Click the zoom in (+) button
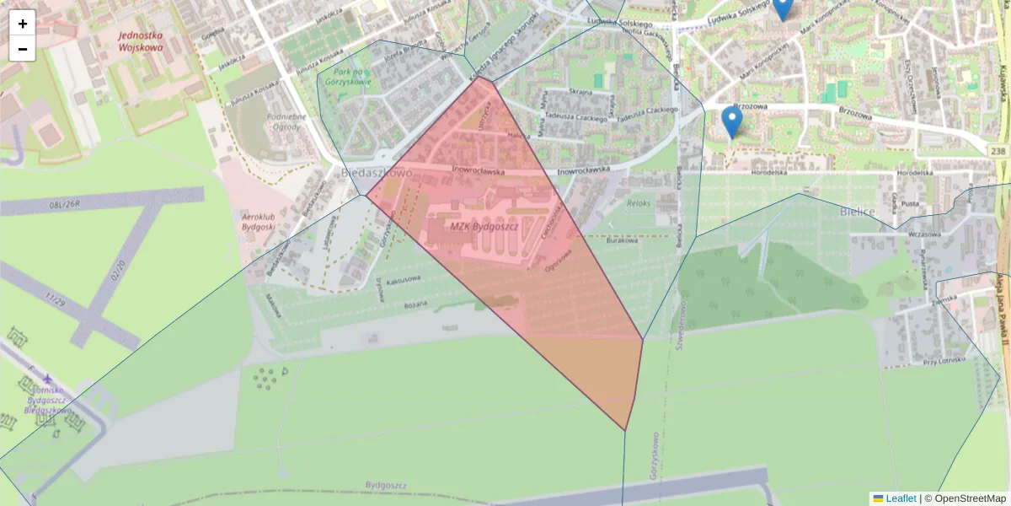click(23, 23)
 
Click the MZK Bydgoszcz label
click(484, 226)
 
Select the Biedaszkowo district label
click(377, 172)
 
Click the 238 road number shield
click(998, 149)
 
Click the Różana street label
click(416, 304)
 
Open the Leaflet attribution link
click(900, 498)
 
